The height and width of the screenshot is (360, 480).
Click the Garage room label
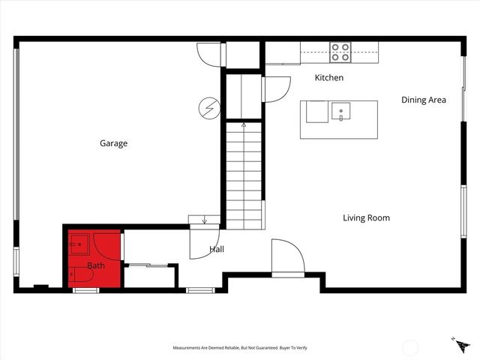pos(114,143)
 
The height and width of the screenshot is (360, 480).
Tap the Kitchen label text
pos(328,78)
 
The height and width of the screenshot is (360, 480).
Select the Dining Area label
pos(424,100)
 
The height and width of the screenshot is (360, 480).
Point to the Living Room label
pos(366,218)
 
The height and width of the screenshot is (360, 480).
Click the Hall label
pos(216,249)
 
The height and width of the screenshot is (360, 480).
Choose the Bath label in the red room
pos(96,265)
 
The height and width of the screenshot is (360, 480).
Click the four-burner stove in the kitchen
pos(340,52)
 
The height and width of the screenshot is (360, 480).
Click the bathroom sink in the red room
pos(79,243)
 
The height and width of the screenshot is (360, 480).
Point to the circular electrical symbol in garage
pos(208,109)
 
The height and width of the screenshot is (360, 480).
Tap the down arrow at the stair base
pos(205,220)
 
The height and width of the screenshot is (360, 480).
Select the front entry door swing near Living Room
pos(287,258)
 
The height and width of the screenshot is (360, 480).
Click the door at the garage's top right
pos(209,54)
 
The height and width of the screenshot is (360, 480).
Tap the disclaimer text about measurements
pos(240,348)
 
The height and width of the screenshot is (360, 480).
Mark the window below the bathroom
pos(85,289)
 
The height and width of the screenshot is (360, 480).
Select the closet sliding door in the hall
pos(149,264)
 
